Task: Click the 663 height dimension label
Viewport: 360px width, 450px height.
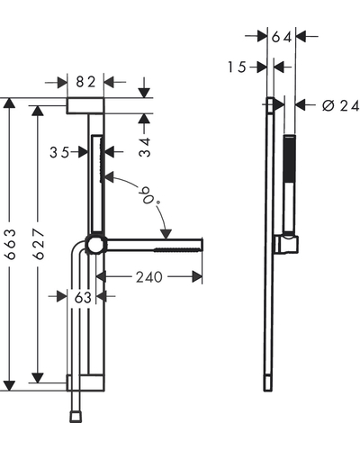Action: tap(11, 245)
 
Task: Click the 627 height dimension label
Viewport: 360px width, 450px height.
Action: tap(39, 244)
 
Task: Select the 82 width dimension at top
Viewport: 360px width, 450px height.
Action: tap(85, 82)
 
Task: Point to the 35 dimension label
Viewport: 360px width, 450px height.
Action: tap(59, 153)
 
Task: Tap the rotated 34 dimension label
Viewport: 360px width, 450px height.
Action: tap(145, 148)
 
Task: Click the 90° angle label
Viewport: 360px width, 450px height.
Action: tap(149, 195)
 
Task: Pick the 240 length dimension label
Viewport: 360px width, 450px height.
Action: tap(149, 277)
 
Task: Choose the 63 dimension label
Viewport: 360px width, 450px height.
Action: tap(83, 298)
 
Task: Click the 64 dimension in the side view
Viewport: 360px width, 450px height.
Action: tap(282, 37)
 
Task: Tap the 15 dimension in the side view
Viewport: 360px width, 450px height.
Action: tap(237, 67)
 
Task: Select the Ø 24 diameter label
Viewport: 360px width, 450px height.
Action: tap(341, 105)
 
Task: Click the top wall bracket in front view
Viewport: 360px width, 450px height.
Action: tap(85, 106)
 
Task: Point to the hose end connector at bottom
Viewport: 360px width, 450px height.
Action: tap(76, 417)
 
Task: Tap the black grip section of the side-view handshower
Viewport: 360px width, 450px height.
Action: tap(290, 158)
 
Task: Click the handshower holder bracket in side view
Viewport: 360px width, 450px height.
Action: tap(286, 243)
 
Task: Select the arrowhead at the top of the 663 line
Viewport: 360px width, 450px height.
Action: tap(10, 103)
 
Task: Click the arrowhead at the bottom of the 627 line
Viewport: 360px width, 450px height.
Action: tap(38, 378)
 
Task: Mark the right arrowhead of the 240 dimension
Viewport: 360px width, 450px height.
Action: tap(197, 277)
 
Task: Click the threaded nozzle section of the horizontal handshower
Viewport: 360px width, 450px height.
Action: tap(177, 249)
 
